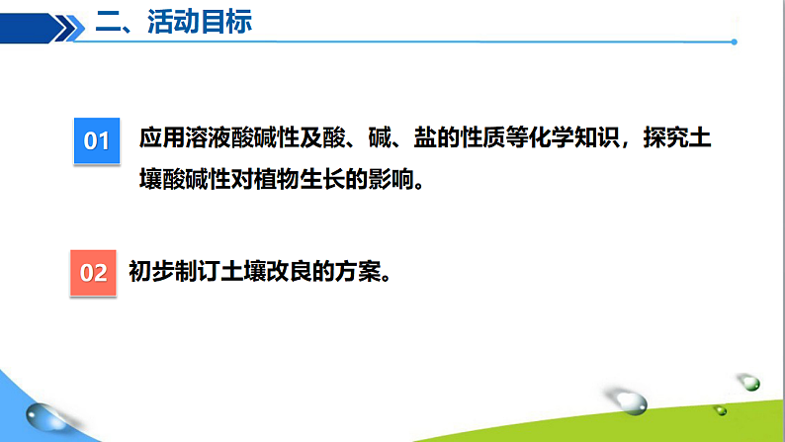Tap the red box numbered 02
click(93, 271)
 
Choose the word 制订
click(196, 270)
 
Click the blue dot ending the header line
click(734, 42)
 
